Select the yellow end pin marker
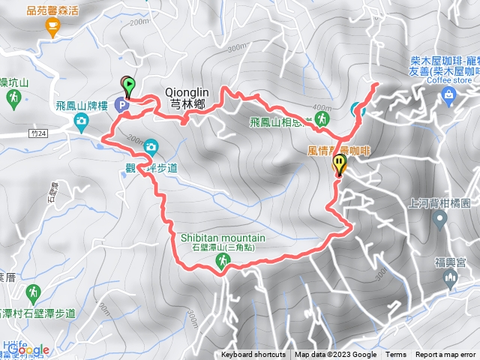pos(340,163)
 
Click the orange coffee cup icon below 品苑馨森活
pos(52,28)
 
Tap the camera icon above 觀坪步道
pos(151,147)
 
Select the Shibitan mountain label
pos(223,238)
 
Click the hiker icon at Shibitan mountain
pos(223,260)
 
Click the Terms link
pos(396,355)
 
